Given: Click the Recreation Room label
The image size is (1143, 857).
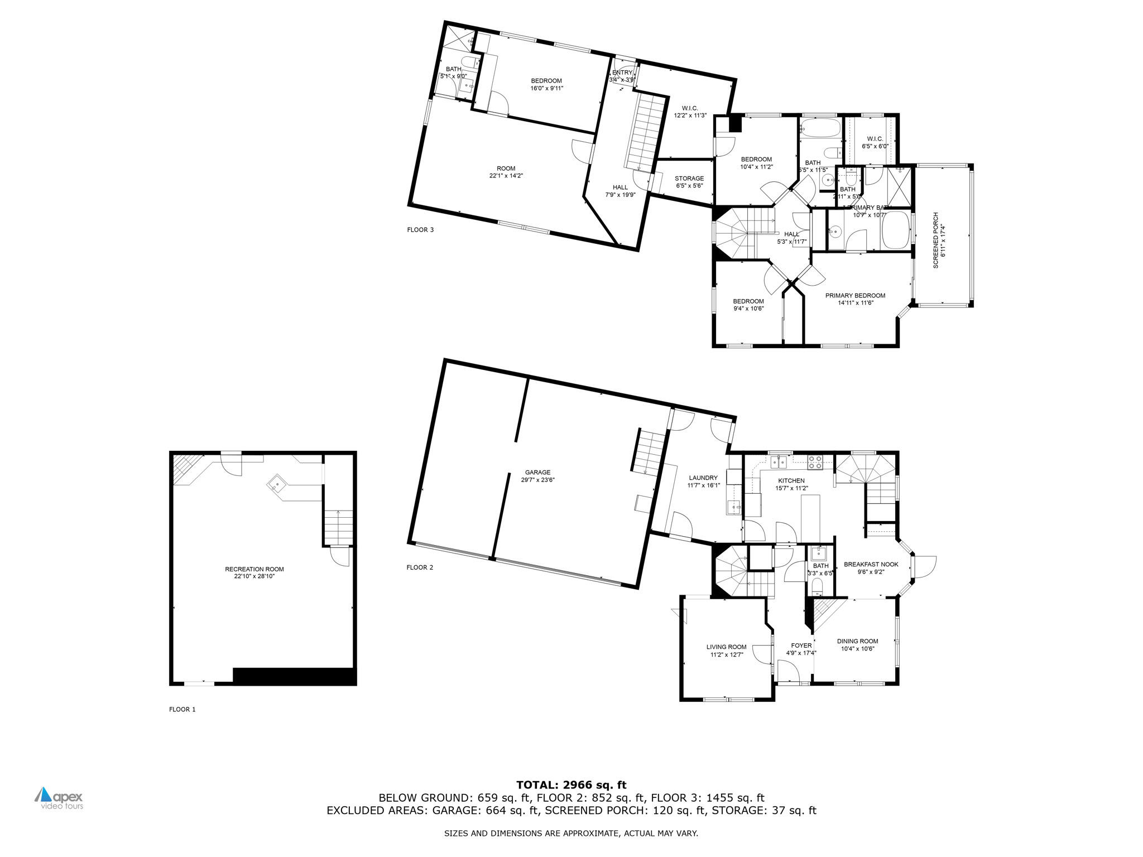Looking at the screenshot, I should (x=254, y=569).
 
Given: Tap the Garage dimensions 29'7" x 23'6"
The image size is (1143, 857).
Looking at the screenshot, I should (x=537, y=480).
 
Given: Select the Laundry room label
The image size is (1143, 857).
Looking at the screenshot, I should (x=703, y=478).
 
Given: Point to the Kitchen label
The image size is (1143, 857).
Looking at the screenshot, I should (x=791, y=480).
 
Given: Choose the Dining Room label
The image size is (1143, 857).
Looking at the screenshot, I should (x=857, y=641).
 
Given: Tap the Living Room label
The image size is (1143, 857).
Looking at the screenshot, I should (x=726, y=647).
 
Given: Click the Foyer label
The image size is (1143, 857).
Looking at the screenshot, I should (x=801, y=646).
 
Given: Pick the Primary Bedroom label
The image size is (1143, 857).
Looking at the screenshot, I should (x=855, y=296).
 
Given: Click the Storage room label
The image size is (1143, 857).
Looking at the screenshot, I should (x=689, y=179).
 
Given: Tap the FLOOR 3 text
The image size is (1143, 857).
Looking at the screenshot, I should (x=420, y=230).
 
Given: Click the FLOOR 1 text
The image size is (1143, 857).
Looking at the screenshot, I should (x=182, y=710).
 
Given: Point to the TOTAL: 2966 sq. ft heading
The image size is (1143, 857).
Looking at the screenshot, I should (x=571, y=785).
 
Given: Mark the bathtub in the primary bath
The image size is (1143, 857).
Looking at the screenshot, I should (x=895, y=230).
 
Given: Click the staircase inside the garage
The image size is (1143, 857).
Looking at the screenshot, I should (x=649, y=452).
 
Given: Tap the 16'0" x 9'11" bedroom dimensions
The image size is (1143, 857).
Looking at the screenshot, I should (x=546, y=88).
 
